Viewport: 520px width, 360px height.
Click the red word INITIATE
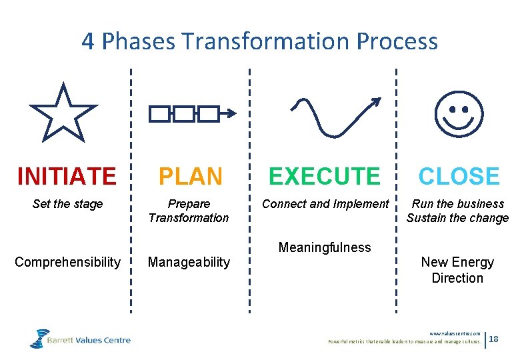coord(67,176)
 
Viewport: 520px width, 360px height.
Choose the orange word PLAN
coord(190,176)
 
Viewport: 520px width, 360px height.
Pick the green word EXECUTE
coord(324,176)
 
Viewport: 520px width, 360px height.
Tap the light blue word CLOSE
coord(459,176)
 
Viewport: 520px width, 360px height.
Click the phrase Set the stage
coord(67,204)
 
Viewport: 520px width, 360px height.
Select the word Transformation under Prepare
coord(189,218)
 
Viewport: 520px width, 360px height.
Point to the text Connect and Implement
coord(325,204)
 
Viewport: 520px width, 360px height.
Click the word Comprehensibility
coord(67,262)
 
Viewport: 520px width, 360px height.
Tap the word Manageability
coord(189,262)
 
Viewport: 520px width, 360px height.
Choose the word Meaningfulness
coord(325,247)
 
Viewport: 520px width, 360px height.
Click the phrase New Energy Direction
coord(457,270)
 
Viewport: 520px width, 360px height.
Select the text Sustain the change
coord(457,218)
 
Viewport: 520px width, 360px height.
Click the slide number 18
coord(494,340)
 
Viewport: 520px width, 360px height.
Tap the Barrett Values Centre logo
coord(80,339)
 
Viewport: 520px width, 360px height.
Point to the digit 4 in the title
coord(88,41)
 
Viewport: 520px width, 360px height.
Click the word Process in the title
coord(397,41)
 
